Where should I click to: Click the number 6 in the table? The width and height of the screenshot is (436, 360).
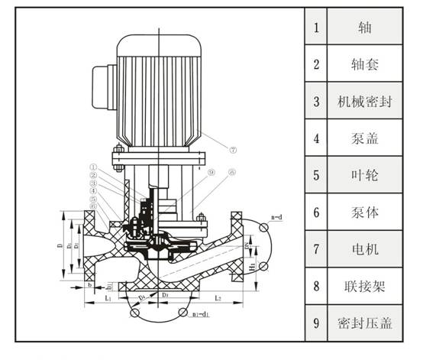(x=316, y=212)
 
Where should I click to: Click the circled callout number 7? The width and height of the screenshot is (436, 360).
(x=234, y=149)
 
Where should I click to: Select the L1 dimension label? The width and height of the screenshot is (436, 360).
(x=108, y=297)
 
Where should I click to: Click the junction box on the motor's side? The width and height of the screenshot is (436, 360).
(x=101, y=79)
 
